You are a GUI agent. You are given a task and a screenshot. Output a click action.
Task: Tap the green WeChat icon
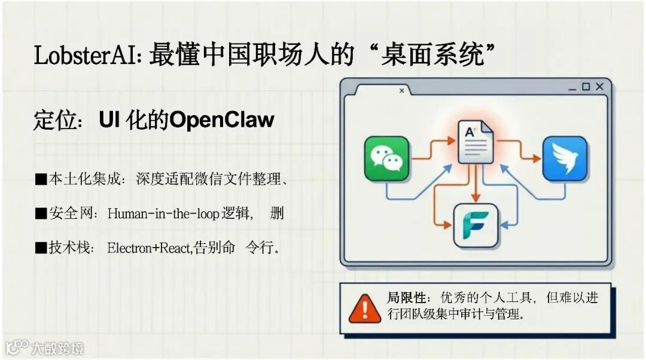pyautogui.click(x=386, y=158)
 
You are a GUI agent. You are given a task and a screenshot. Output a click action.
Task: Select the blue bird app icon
pyautogui.click(x=565, y=158)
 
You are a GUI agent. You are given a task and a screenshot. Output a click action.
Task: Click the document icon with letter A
pyautogui.click(x=476, y=142)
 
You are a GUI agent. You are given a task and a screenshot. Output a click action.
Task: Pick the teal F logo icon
pyautogui.click(x=476, y=225)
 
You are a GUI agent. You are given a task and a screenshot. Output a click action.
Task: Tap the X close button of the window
pyautogui.click(x=599, y=87)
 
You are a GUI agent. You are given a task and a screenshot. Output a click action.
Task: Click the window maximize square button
pyautogui.click(x=586, y=87)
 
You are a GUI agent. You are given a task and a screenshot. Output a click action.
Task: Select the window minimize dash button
pyautogui.click(x=572, y=88)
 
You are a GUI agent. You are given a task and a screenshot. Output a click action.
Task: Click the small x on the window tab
pyautogui.click(x=401, y=91)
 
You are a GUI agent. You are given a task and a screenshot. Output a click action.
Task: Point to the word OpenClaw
pyautogui.click(x=222, y=120)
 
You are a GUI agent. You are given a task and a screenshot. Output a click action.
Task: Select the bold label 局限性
pyautogui.click(x=406, y=298)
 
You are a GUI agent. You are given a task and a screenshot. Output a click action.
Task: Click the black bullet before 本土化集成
pyautogui.click(x=41, y=179)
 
